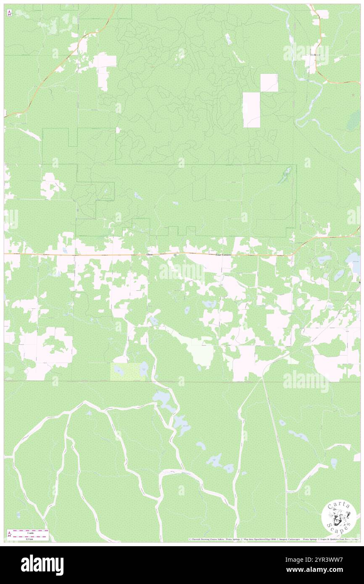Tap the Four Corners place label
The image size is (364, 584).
223,255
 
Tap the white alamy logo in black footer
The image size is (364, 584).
42,565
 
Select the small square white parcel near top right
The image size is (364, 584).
269,83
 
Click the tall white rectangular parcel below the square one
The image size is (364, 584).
252,110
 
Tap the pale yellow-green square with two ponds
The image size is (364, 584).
128,372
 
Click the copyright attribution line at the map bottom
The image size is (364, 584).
273,539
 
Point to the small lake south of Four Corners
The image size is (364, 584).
209,303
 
